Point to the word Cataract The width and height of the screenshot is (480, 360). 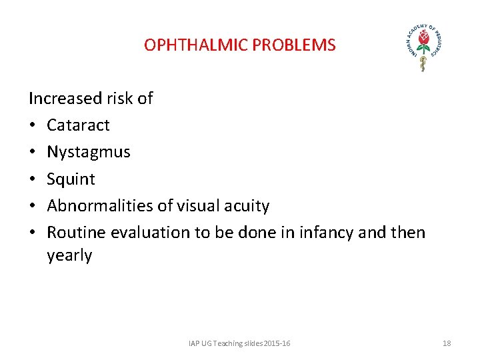tap(78, 125)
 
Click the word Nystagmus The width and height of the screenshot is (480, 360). tap(89, 153)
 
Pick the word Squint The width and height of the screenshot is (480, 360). tap(71, 179)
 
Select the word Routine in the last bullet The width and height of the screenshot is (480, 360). tap(77, 233)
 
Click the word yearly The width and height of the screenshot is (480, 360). tap(69, 256)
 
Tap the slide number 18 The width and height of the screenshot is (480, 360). tap(447, 343)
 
